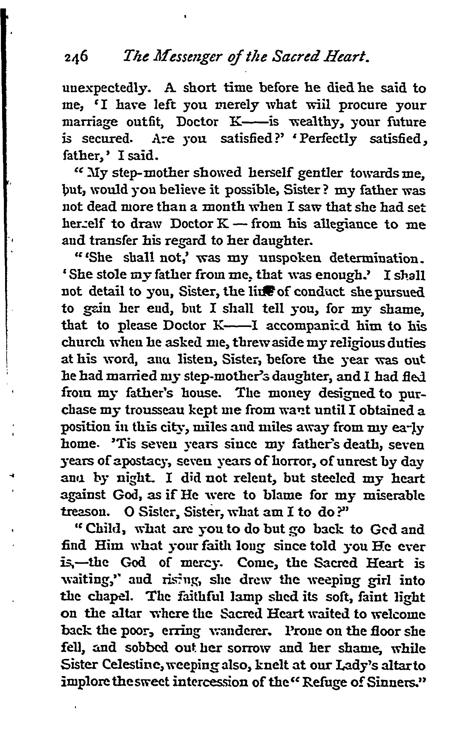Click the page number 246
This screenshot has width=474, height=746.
pyautogui.click(x=75, y=58)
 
